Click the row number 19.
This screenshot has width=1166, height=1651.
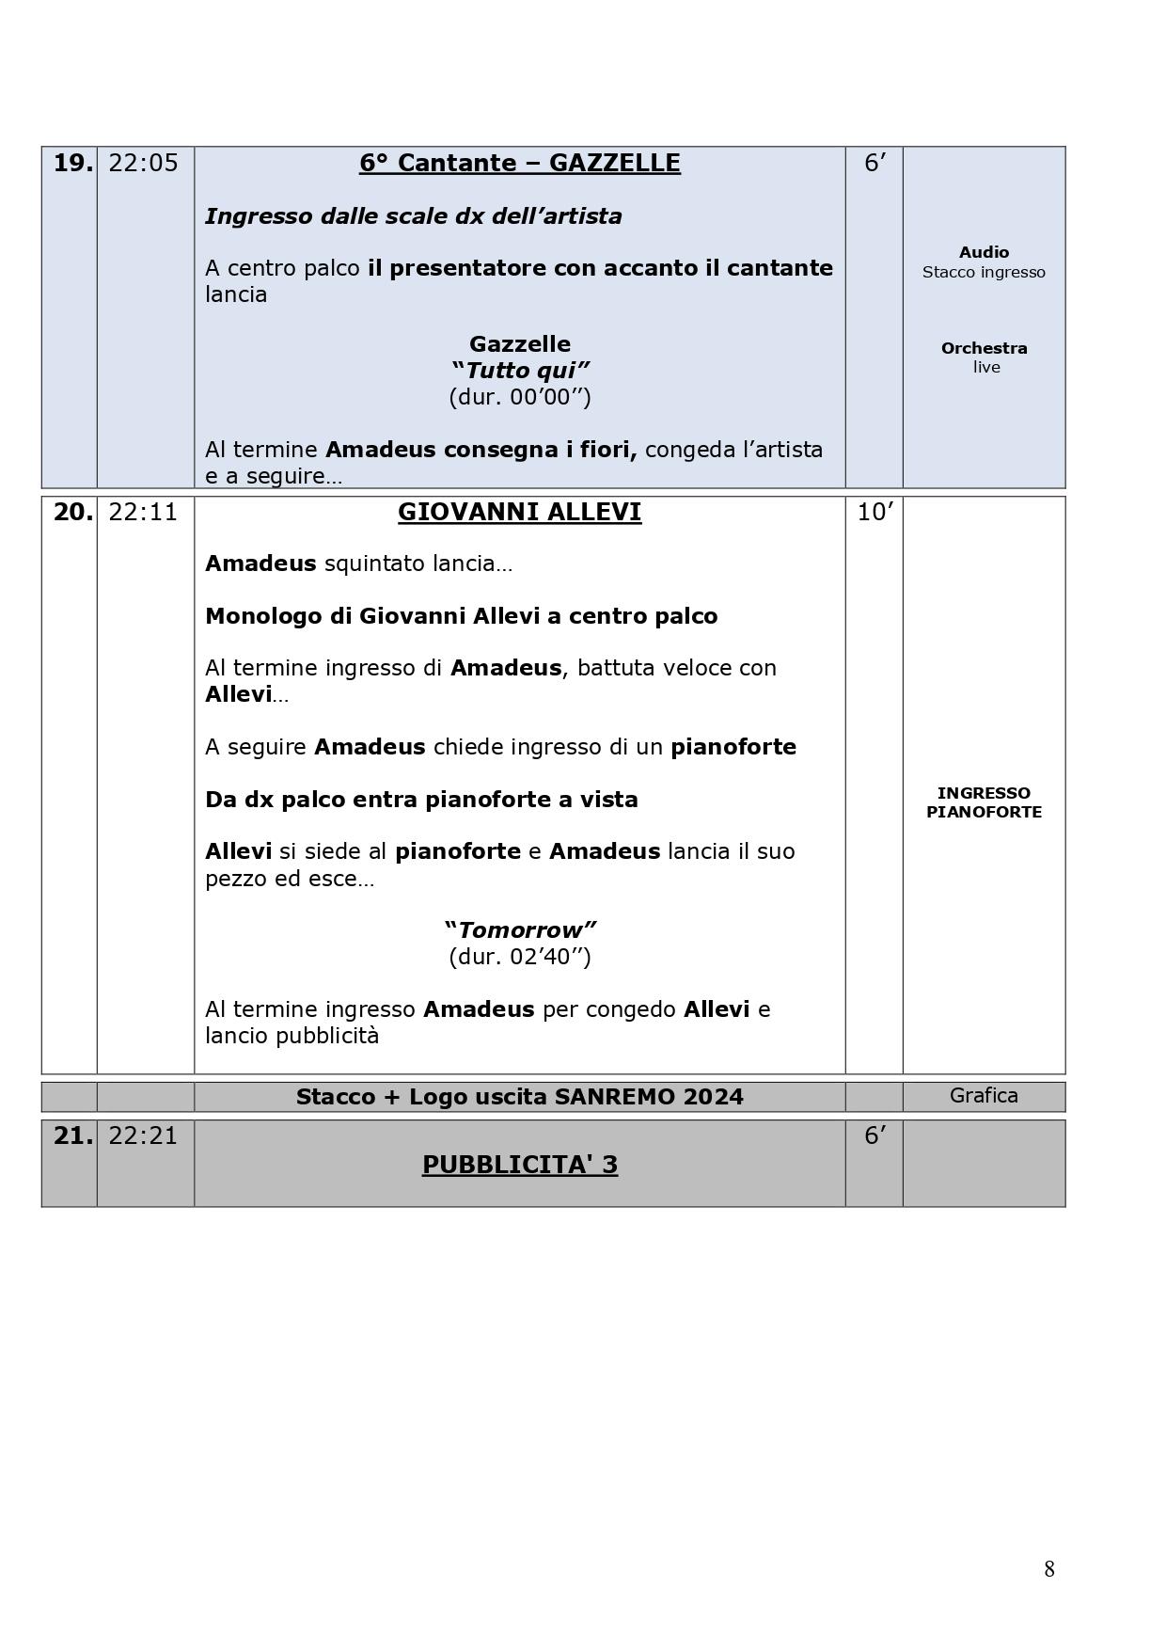[72, 164]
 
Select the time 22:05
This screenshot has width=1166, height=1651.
[143, 164]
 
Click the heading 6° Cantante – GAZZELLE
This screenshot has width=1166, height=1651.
[519, 164]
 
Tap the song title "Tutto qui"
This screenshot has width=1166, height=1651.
[519, 370]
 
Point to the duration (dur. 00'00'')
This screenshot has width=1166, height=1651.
[519, 396]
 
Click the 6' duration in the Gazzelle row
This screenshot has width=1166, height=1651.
[874, 164]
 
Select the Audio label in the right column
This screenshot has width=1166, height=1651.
[984, 252]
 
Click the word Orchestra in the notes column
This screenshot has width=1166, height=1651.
[984, 348]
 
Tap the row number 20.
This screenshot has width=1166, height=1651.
[72, 513]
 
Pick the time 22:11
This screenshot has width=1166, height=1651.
[143, 513]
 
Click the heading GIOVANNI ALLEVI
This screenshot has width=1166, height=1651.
[519, 513]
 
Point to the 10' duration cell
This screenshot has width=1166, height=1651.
[874, 513]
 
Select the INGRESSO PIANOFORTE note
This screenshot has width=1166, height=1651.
[984, 802]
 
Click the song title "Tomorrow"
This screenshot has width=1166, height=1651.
[519, 930]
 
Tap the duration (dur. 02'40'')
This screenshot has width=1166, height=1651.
[519, 957]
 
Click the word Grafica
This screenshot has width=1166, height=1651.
[984, 1096]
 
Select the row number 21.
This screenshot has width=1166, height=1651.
[72, 1136]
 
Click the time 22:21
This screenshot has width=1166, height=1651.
[143, 1136]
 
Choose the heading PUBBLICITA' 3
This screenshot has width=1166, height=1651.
[519, 1165]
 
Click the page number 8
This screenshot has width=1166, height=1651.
[1048, 1569]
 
